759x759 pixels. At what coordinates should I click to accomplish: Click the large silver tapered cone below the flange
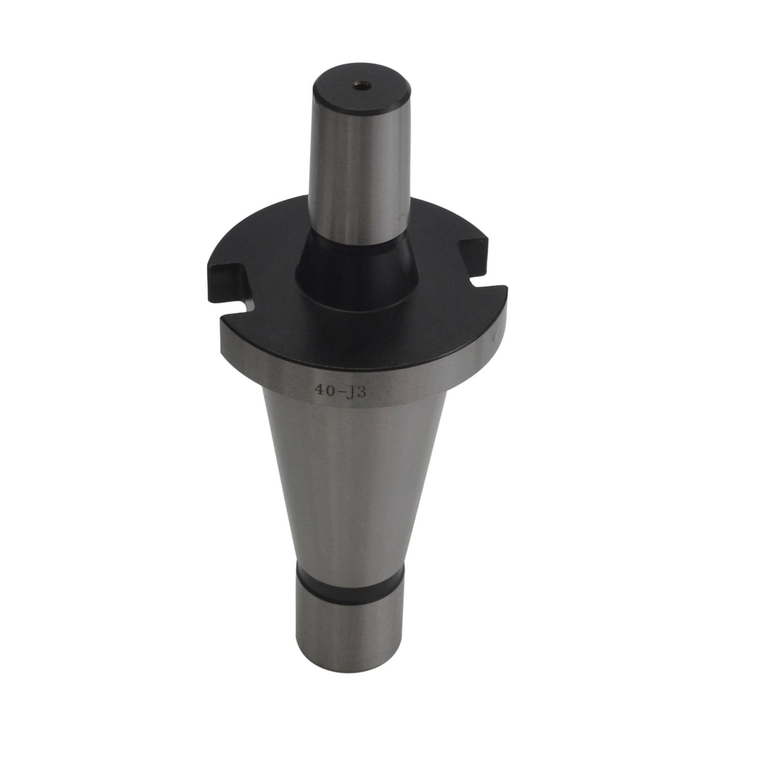[342, 474]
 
